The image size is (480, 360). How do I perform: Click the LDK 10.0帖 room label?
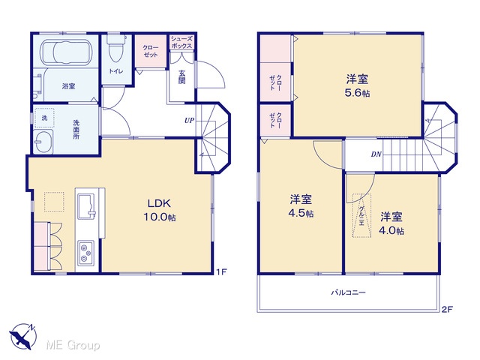point(160,210)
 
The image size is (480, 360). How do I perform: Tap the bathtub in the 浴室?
point(67,53)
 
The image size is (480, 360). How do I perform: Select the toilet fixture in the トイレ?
point(116,49)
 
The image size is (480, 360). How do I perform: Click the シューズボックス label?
point(181,42)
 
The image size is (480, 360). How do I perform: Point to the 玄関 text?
point(181,77)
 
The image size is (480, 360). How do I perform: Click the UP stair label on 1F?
point(189,121)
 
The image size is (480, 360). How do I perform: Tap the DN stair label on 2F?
point(376,154)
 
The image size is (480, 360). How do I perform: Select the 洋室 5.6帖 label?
point(357,85)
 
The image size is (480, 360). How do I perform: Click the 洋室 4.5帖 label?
point(301,206)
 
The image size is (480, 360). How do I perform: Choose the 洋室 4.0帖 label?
point(391,223)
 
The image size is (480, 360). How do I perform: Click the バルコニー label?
point(348,292)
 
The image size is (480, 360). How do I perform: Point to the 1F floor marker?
point(221,271)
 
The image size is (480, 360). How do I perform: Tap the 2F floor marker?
point(447,310)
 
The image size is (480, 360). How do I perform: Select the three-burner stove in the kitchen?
point(87,253)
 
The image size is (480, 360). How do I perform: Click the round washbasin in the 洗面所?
point(43,142)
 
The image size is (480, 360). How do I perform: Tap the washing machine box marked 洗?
point(44,118)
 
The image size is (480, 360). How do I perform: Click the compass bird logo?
point(22,336)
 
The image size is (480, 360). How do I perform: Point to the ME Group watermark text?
point(73,345)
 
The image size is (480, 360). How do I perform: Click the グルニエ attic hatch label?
point(361,215)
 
